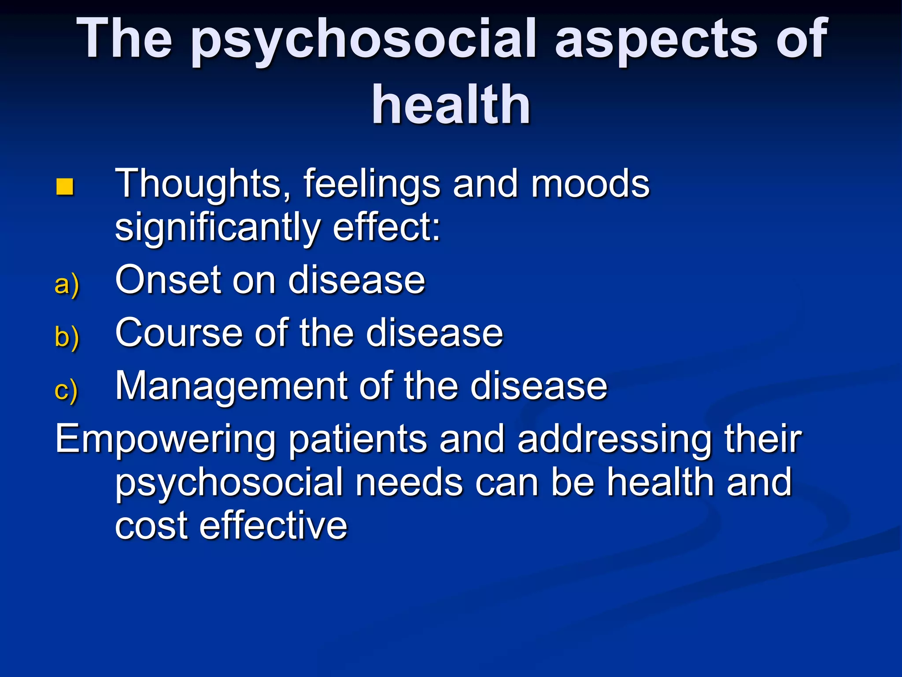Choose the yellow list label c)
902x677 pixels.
(x=66, y=390)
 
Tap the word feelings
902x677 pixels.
(x=372, y=184)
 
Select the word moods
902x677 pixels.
(x=590, y=184)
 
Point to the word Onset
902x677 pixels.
(x=168, y=280)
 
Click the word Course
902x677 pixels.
(x=178, y=333)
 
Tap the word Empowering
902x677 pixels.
(x=165, y=440)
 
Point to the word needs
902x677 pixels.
(x=409, y=482)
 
